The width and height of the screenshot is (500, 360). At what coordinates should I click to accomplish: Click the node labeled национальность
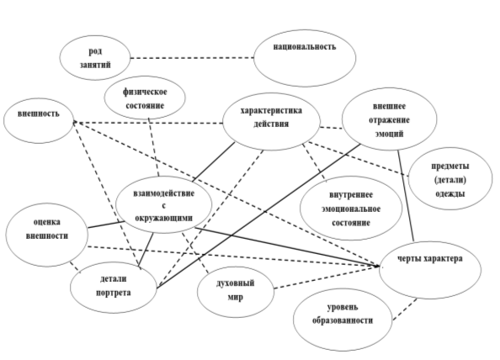coord(305,58)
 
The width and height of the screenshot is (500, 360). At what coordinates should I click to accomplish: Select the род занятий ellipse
coord(95,58)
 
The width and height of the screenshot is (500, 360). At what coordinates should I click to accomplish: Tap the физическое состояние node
coord(145,98)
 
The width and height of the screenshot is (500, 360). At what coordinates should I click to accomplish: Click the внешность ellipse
coord(39,121)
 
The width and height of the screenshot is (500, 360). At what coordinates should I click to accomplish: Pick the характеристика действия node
coord(271,121)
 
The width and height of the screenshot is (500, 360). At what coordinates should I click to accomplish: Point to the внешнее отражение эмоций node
coord(390,119)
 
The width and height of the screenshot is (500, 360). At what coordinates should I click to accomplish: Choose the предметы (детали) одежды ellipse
coord(450,178)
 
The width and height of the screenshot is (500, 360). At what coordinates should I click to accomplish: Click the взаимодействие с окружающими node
coord(164,205)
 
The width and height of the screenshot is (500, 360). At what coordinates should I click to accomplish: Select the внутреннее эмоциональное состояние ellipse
coord(351,209)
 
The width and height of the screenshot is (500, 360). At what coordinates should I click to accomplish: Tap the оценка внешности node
coord(47,235)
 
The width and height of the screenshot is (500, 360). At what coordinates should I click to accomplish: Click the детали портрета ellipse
coord(114,288)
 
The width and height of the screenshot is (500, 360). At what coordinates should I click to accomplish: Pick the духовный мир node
coord(236,292)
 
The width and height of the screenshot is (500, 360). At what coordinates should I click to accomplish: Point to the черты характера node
coord(430,270)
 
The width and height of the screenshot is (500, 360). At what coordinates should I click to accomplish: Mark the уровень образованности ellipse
coord(343,320)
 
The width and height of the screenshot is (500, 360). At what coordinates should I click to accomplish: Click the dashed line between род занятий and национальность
coord(192,58)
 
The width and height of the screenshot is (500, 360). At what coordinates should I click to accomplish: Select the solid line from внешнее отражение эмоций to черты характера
coord(406,196)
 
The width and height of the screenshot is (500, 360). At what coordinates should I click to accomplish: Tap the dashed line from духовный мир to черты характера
coord(327,278)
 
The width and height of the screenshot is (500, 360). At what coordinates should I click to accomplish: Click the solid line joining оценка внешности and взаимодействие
coord(106,225)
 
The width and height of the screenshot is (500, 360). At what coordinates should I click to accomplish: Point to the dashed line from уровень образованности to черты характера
coord(405,310)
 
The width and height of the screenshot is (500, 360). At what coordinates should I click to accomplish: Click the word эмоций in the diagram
coord(390,134)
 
